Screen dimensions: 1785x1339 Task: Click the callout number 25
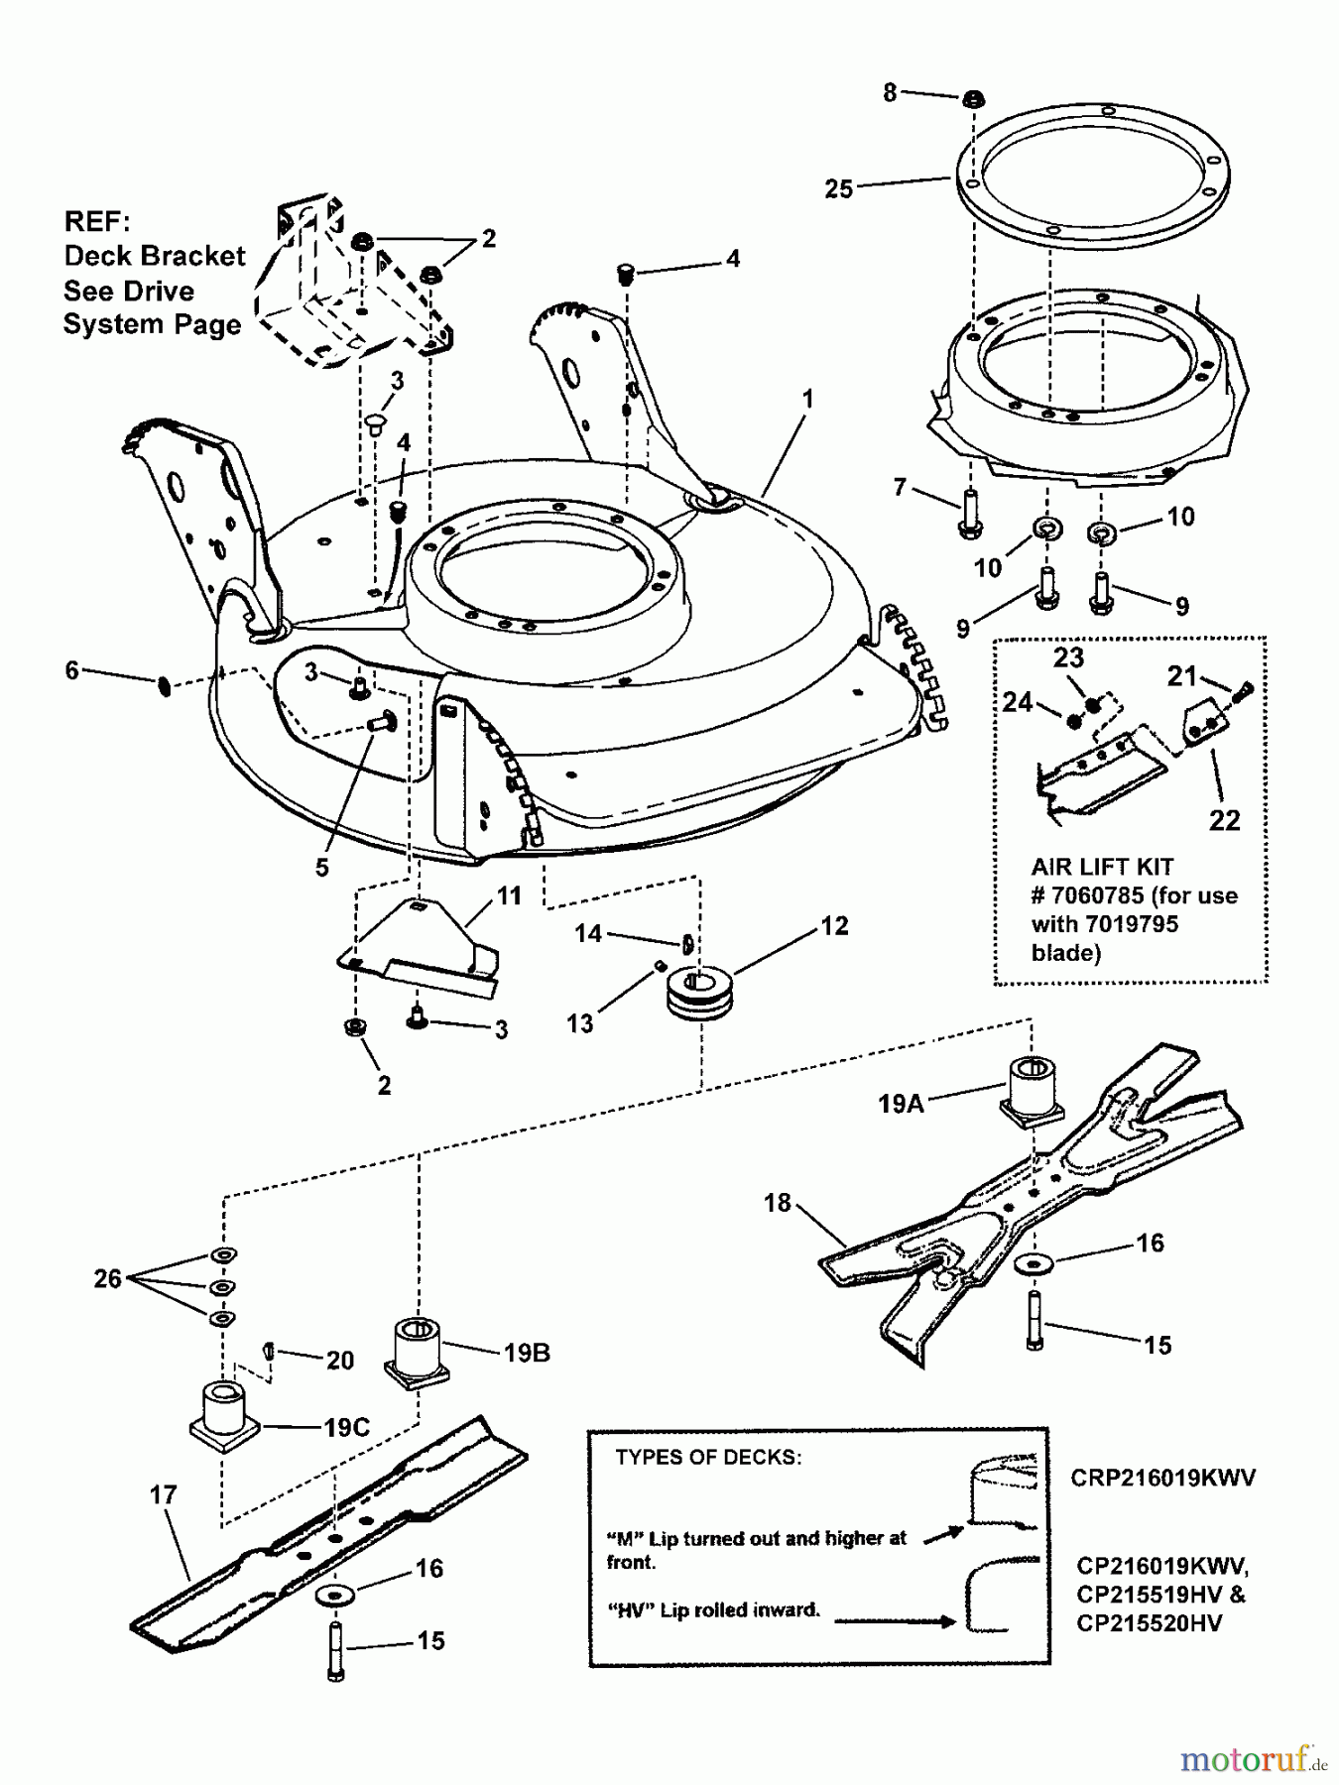[x=838, y=188]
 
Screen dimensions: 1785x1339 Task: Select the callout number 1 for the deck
[x=807, y=400]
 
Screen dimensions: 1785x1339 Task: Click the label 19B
[x=526, y=1353]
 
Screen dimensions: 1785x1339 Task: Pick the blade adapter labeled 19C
[x=224, y=1414]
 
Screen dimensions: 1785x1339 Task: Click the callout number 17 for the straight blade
[x=163, y=1494]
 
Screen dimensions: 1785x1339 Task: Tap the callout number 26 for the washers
[x=107, y=1278]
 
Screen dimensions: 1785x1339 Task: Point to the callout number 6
[x=71, y=670]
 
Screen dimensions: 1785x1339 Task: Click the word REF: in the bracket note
[x=96, y=220]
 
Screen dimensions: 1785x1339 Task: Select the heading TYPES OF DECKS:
[x=708, y=1457]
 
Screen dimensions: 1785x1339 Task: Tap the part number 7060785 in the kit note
[x=1091, y=895]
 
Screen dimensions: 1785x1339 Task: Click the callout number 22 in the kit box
[x=1224, y=820]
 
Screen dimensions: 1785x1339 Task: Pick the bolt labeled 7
[x=969, y=514]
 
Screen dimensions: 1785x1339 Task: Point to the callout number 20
[x=339, y=1361]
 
